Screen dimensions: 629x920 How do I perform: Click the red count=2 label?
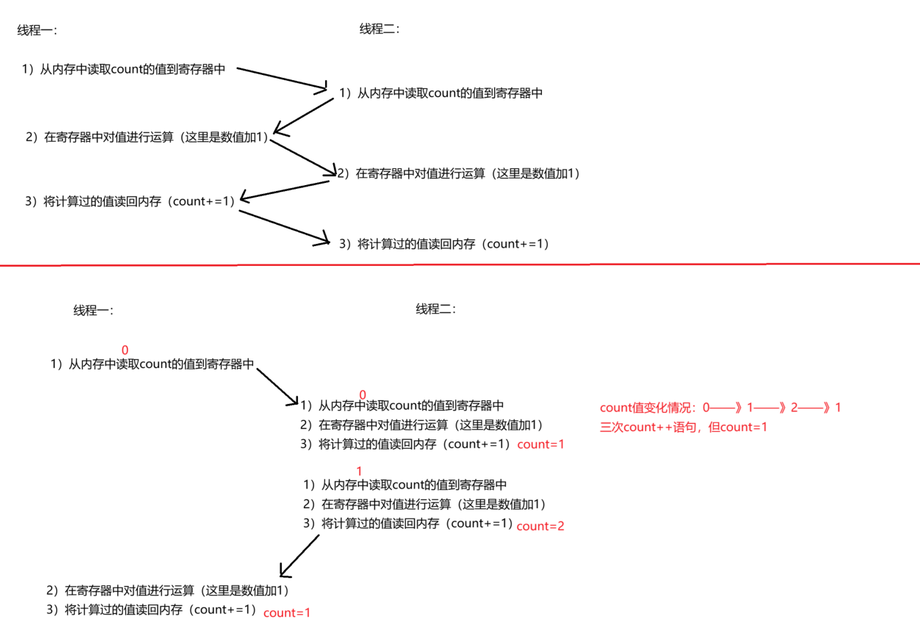[x=540, y=526]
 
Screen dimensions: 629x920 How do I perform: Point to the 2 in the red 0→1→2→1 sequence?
[x=794, y=408]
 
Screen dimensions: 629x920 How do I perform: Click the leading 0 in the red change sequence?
[x=706, y=408]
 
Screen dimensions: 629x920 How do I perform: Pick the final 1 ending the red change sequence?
[x=838, y=408]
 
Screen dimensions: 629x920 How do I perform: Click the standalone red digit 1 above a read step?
[x=359, y=471]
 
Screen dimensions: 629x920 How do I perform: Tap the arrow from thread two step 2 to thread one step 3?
[x=285, y=191]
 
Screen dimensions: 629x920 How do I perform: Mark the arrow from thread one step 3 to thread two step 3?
[x=284, y=227]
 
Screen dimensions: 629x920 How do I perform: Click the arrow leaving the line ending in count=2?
[x=299, y=556]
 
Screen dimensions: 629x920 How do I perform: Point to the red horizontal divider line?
[x=460, y=264]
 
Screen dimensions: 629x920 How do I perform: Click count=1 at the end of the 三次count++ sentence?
[x=738, y=427]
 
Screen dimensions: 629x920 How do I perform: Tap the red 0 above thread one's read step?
[x=125, y=350]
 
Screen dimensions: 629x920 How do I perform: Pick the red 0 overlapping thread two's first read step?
[x=363, y=395]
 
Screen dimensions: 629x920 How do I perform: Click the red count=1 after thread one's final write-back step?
[x=287, y=613]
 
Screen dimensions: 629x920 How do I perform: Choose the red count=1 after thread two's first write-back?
[x=541, y=444]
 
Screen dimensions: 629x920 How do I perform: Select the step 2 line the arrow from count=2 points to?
[x=167, y=590]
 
